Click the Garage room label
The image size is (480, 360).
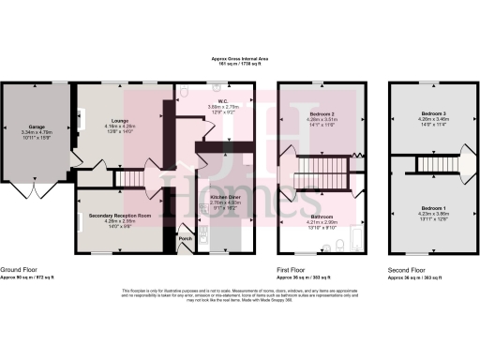[x=38, y=127]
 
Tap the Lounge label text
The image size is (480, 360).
[x=119, y=120]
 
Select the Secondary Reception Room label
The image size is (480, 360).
[x=120, y=215]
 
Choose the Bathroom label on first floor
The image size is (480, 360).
[x=321, y=215]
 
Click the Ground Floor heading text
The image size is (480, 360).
[x=19, y=269]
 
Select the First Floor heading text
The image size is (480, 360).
[x=293, y=269]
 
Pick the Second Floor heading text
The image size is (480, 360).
[x=408, y=269]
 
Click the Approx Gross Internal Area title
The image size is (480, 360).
[x=239, y=58]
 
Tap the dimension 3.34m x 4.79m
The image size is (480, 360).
[x=38, y=134]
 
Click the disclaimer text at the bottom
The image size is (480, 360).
[x=239, y=293]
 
